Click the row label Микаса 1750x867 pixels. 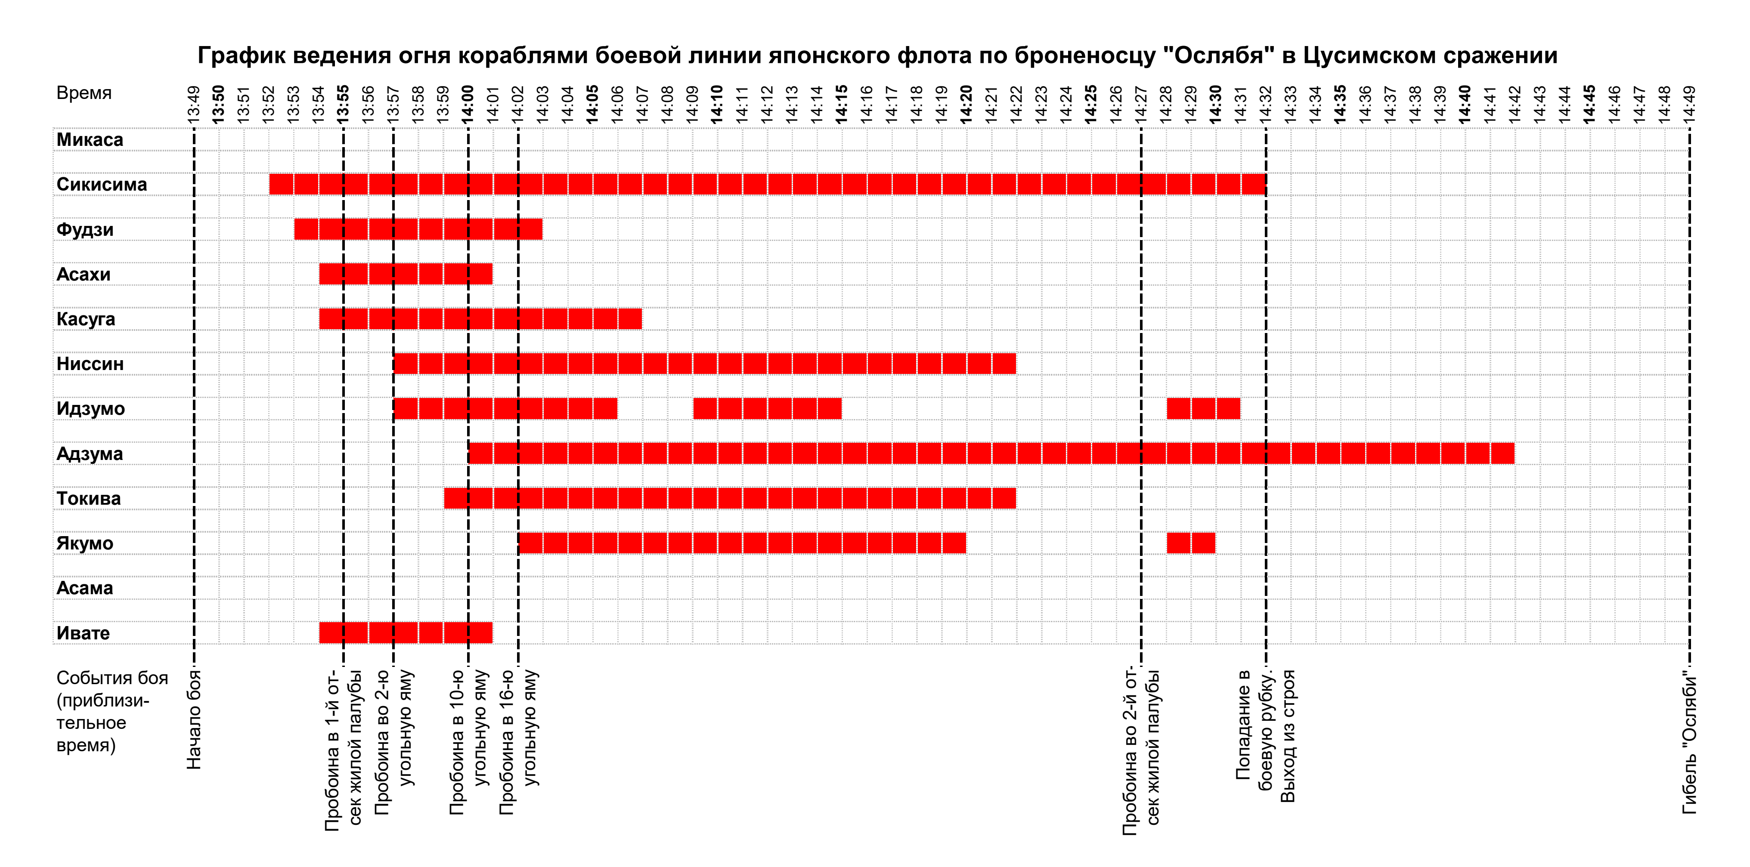coord(90,140)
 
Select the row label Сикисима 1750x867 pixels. coord(101,185)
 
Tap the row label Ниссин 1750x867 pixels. coord(90,364)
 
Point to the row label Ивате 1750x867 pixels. coord(83,633)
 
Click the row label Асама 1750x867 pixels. coord(84,589)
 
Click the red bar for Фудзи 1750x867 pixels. coord(418,229)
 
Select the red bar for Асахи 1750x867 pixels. coord(406,274)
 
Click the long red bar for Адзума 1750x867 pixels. coord(991,454)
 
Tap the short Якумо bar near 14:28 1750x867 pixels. coord(1191,543)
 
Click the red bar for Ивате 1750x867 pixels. coord(406,633)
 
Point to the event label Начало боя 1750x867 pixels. coord(194,720)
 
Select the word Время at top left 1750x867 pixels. coord(84,93)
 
